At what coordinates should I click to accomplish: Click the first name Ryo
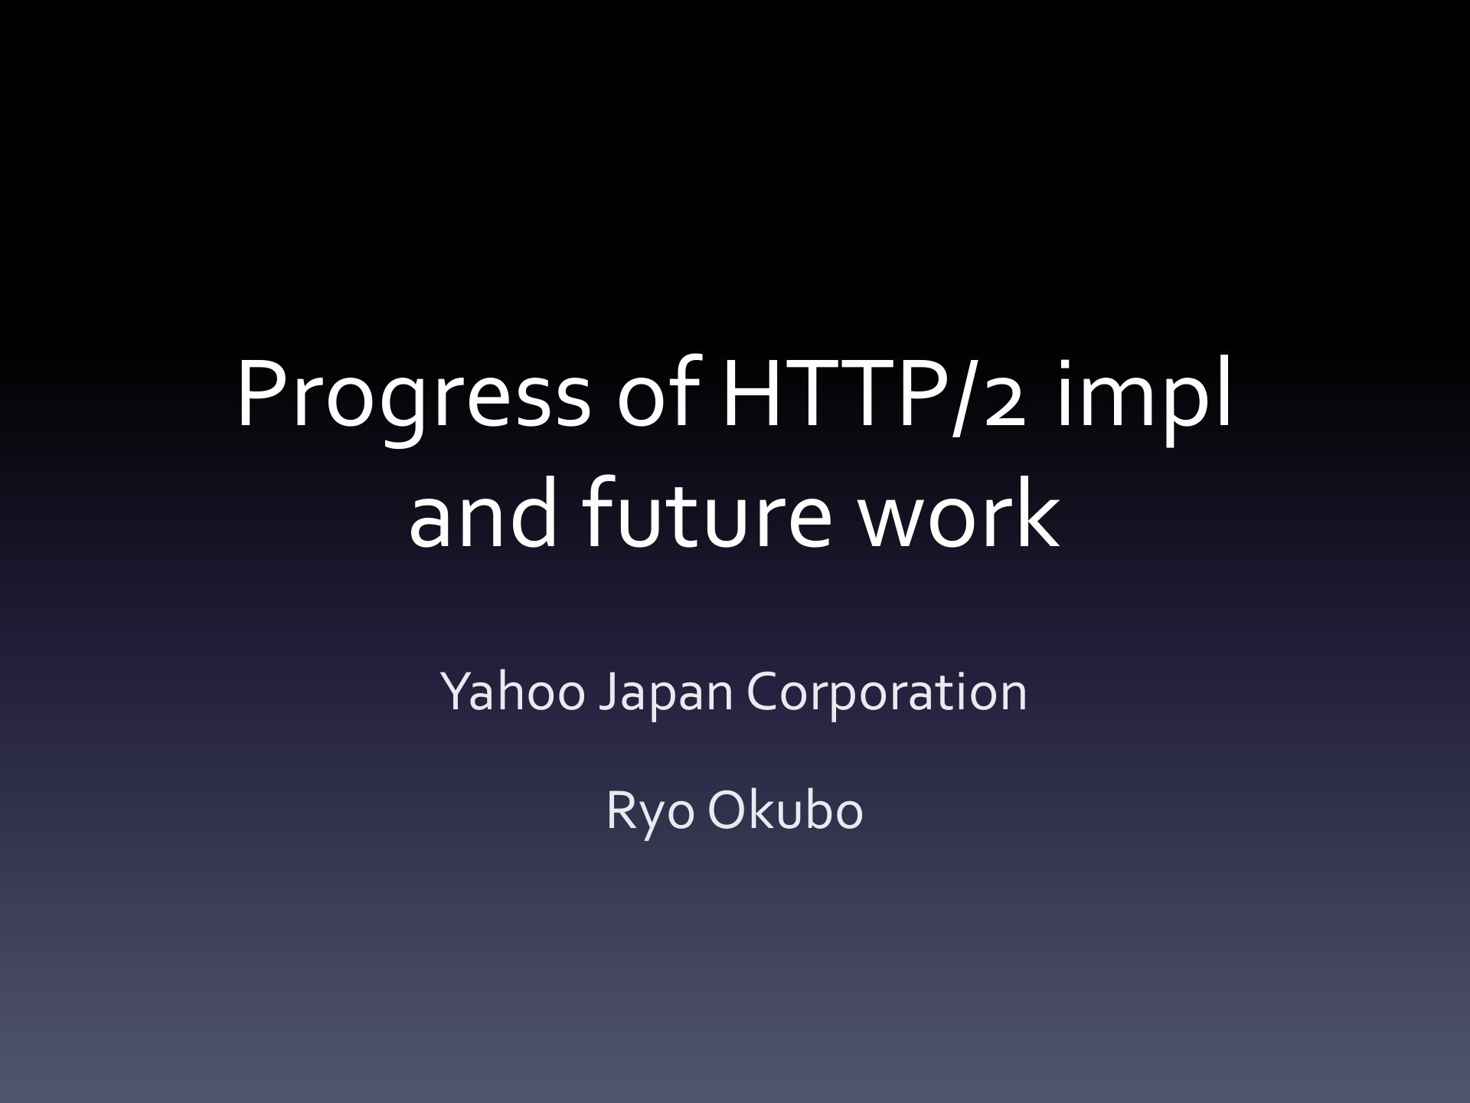pyautogui.click(x=649, y=814)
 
